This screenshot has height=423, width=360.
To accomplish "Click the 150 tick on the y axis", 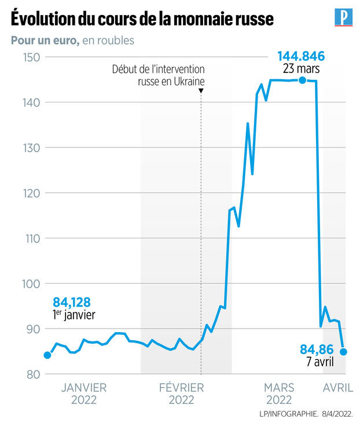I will (x=31, y=57).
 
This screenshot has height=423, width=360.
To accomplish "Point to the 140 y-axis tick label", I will (x=31, y=102).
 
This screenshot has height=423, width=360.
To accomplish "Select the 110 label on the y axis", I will (x=31, y=238).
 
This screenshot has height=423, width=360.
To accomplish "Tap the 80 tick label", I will (x=32, y=374).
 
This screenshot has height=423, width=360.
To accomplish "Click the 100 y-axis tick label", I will (x=31, y=284).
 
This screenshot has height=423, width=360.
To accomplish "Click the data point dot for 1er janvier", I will (x=47, y=355).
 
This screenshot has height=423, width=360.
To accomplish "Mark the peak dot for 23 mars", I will (x=302, y=80).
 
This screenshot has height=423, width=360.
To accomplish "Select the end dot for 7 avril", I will (x=343, y=351).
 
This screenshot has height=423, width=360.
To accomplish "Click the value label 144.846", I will (x=301, y=56).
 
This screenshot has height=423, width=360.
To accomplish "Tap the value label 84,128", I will (x=72, y=302).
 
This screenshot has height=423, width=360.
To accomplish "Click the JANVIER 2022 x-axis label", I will (x=83, y=393).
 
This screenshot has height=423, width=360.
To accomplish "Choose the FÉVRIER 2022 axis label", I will (x=182, y=393).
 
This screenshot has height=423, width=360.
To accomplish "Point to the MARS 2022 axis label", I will (x=278, y=393).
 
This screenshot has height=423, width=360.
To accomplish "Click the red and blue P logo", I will (x=344, y=17).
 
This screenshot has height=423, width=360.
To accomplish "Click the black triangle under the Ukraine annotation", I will (x=201, y=91).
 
